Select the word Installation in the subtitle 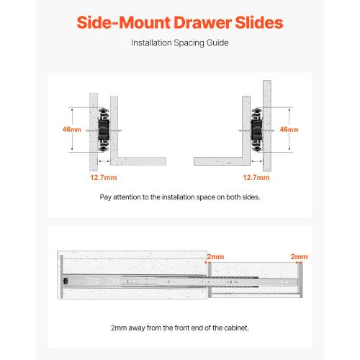point(152,42)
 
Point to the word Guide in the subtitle point(217,42)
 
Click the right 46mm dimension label point(288,130)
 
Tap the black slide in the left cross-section point(102,130)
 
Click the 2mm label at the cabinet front point(215,257)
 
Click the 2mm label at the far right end point(299,257)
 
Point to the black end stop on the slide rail point(66,280)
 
